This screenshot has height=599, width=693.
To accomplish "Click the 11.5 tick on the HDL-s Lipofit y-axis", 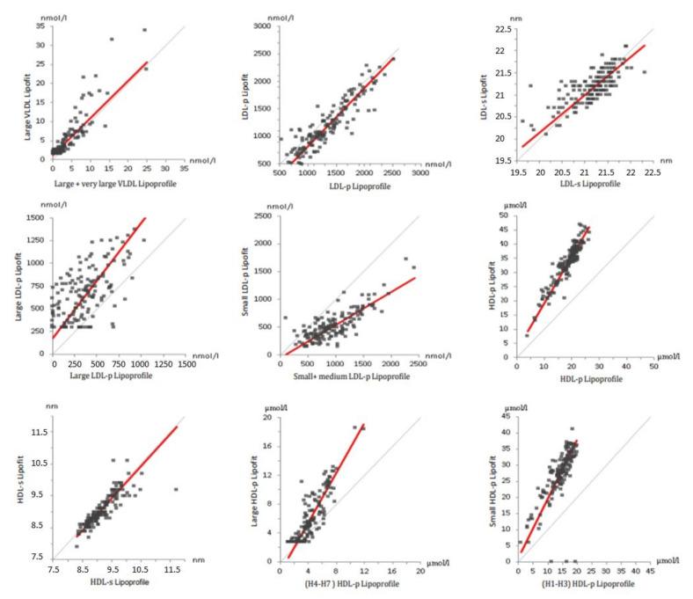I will coord(37,432).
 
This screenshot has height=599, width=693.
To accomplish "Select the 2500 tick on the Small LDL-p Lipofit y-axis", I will coord(261,216).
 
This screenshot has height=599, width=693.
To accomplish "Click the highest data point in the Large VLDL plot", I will coord(144,30).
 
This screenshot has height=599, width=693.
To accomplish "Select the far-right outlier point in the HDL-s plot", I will coord(176,489).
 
